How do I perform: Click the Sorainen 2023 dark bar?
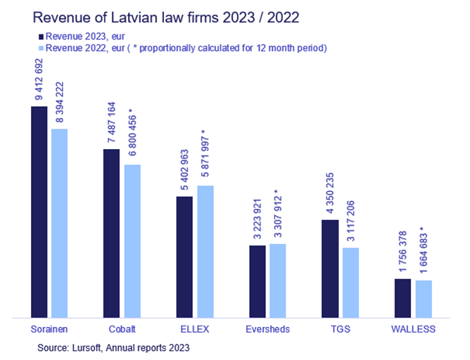tap(39, 212)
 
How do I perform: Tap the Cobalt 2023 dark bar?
tap(112, 233)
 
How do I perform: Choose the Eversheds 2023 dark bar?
tap(258, 282)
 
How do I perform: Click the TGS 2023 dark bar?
tap(330, 269)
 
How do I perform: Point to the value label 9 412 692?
tap(39, 79)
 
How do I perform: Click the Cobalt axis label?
tap(122, 329)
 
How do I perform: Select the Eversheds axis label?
tap(267, 329)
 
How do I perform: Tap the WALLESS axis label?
tap(413, 329)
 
